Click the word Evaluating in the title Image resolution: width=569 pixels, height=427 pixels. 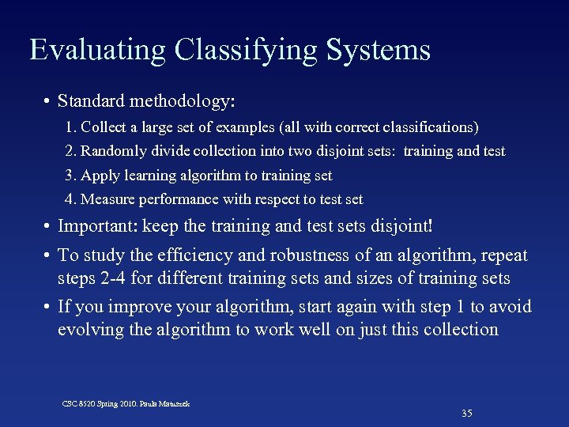98,50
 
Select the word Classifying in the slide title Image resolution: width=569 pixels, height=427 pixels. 245,50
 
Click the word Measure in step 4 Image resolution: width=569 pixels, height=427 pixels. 107,200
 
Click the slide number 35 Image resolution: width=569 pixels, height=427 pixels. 466,414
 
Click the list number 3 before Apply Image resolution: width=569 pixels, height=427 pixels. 70,176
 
